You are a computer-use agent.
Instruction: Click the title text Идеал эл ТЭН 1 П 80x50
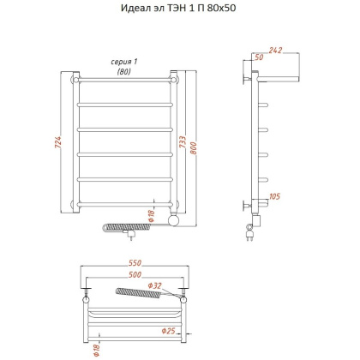178,8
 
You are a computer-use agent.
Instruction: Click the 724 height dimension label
58,142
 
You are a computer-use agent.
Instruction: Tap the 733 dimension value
183,142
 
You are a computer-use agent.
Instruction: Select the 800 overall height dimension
194,148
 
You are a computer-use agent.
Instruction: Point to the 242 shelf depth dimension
275,51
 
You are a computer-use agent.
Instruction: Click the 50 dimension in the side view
259,57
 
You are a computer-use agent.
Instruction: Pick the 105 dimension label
274,196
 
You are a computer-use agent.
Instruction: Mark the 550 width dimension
135,262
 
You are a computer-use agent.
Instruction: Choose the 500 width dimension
135,274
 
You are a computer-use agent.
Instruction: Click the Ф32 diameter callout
154,285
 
